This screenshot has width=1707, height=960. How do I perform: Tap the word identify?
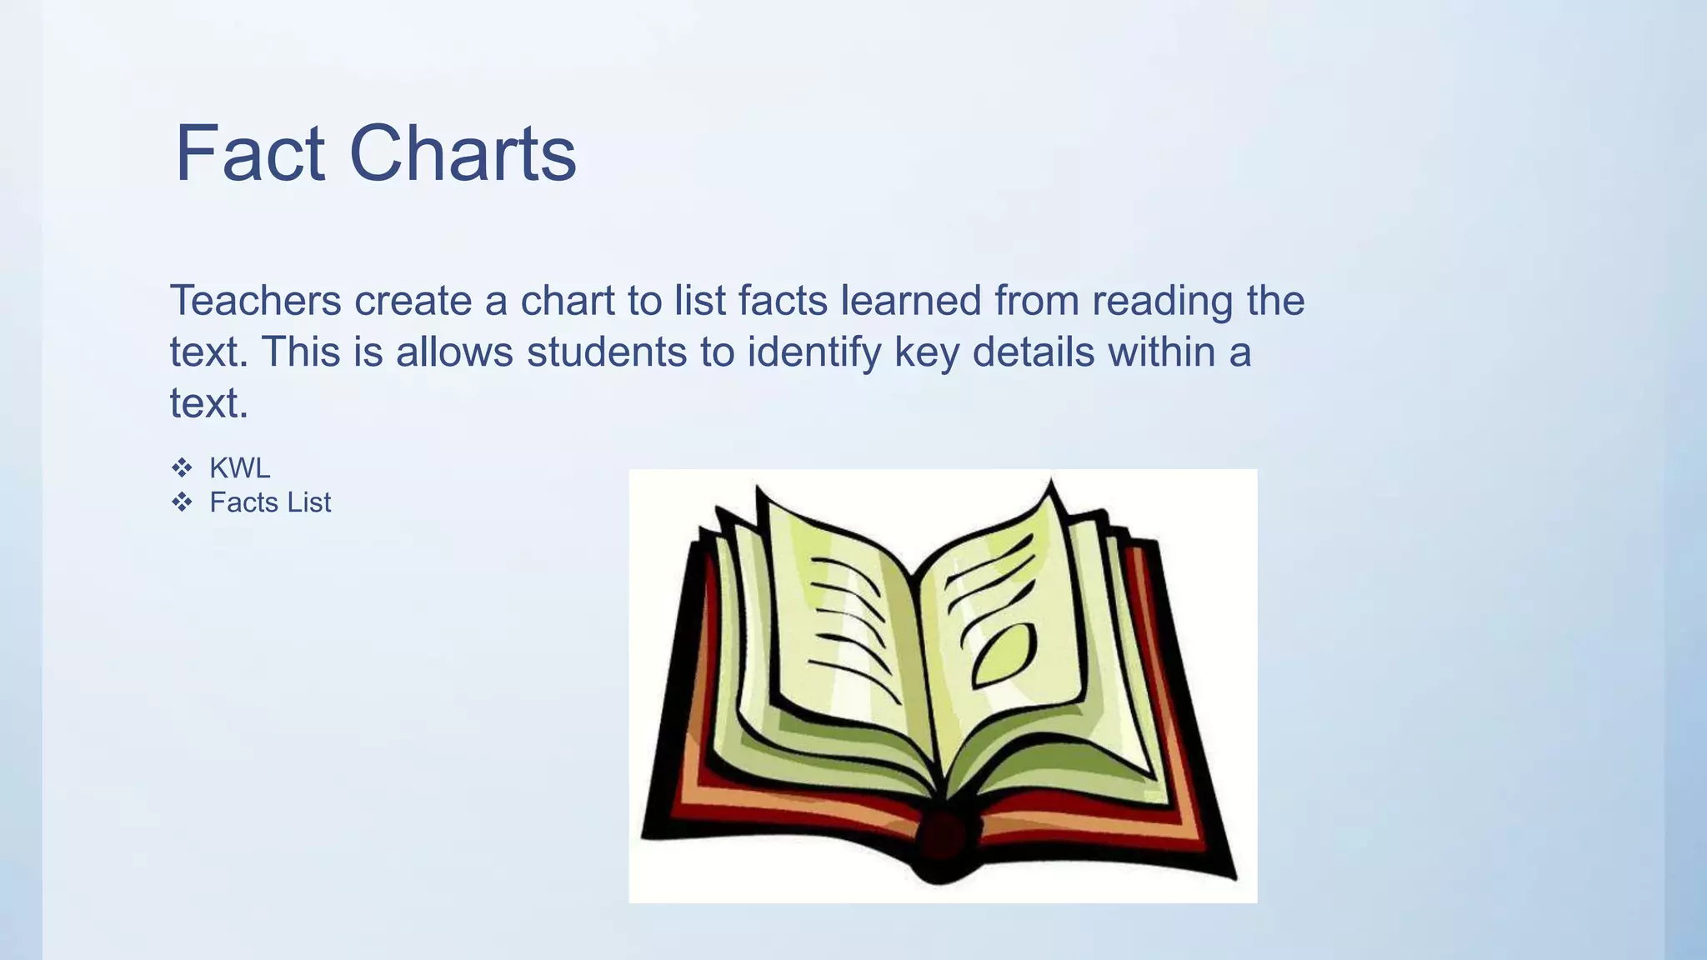(813, 353)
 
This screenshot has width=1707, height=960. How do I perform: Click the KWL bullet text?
(240, 468)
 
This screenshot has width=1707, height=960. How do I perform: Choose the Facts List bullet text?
(270, 502)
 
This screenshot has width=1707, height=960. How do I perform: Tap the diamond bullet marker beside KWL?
(182, 468)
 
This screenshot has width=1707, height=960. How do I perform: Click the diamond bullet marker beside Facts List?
(182, 502)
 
